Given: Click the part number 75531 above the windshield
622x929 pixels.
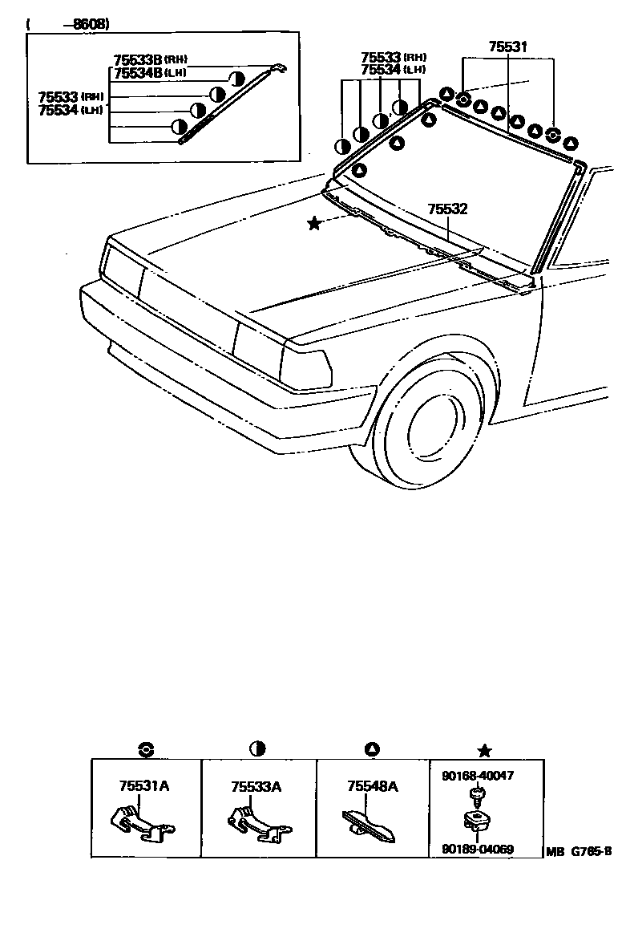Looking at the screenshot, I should coord(508,47).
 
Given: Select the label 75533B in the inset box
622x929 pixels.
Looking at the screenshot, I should coord(138,60).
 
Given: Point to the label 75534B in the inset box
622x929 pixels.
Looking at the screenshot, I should coord(138,72).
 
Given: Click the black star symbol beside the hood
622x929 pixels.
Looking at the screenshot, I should coord(314,224).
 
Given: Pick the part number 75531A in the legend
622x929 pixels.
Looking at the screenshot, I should coord(144,786).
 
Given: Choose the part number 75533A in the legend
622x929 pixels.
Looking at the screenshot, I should coord(256,786).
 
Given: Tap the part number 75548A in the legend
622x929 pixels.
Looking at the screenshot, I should coord(373,786).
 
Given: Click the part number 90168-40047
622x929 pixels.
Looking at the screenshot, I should coord(478,776).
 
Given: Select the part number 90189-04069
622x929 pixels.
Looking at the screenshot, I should coord(478,848).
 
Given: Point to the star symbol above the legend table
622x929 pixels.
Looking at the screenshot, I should coord(484,751).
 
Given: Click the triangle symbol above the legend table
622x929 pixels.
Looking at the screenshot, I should coord(371,750).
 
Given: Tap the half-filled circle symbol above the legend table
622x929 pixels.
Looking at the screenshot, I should coord(257,749).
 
